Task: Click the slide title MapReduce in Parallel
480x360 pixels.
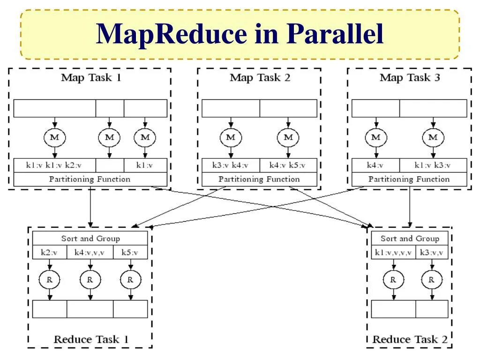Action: pyautogui.click(x=240, y=34)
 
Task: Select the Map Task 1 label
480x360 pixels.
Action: pyautogui.click(x=91, y=77)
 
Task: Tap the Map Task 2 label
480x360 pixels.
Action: pyautogui.click(x=260, y=77)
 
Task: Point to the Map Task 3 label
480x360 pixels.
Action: pyautogui.click(x=410, y=77)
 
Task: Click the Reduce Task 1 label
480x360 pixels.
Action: pyautogui.click(x=91, y=339)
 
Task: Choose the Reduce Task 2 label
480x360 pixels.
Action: pyautogui.click(x=410, y=339)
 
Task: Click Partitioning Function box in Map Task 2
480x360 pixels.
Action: pyautogui.click(x=259, y=179)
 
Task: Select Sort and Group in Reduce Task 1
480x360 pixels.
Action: pyautogui.click(x=90, y=238)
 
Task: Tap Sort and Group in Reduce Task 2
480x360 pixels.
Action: pyautogui.click(x=410, y=238)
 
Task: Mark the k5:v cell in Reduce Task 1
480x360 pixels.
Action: pyautogui.click(x=130, y=252)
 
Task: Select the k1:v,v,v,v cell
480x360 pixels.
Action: pyautogui.click(x=393, y=252)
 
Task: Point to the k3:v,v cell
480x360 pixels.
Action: pyautogui.click(x=432, y=252)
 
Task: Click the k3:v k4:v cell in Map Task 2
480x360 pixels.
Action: pyautogui.click(x=231, y=165)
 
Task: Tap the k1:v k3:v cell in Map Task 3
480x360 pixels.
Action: pyautogui.click(x=433, y=165)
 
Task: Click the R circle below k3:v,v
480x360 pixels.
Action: pyautogui.click(x=432, y=280)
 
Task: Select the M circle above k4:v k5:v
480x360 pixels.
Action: pyautogui.click(x=288, y=137)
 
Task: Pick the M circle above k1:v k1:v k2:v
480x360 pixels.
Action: pyautogui.click(x=55, y=137)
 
